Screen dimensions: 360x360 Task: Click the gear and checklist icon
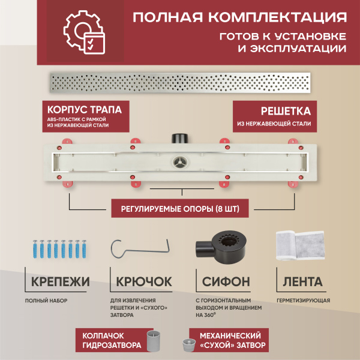[82, 34]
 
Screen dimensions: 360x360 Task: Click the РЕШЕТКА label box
[273, 116]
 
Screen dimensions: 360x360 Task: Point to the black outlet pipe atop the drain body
[178, 138]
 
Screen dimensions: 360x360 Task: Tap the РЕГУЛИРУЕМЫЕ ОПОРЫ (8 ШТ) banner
[179, 209]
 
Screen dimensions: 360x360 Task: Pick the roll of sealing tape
[298, 246]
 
